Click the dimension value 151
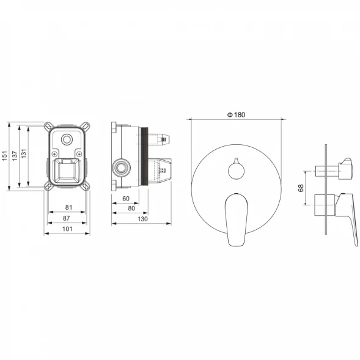pyautogui.click(x=5, y=156)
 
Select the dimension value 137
pyautogui.click(x=15, y=156)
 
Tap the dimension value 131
pyautogui.click(x=24, y=153)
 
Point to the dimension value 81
pyautogui.click(x=68, y=207)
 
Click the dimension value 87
pyautogui.click(x=67, y=218)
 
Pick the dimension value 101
pyautogui.click(x=67, y=229)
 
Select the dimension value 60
pyautogui.click(x=126, y=199)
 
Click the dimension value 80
pyautogui.click(x=131, y=208)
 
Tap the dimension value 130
pyautogui.click(x=142, y=219)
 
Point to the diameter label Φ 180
pyautogui.click(x=237, y=114)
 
